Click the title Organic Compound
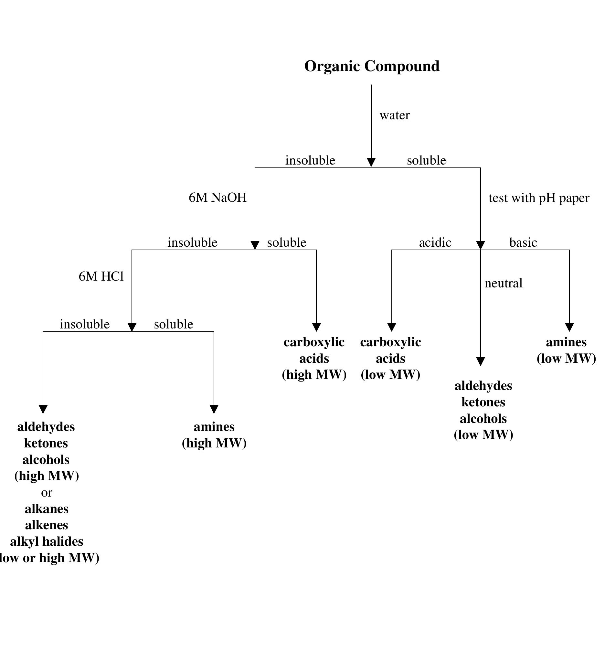click(x=372, y=66)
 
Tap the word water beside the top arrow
click(x=395, y=115)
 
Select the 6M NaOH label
click(x=218, y=198)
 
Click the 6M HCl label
click(x=101, y=276)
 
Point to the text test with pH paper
click(x=539, y=198)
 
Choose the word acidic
click(x=435, y=243)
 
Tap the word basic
click(x=523, y=243)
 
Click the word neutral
click(x=503, y=283)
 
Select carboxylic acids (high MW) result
click(x=314, y=358)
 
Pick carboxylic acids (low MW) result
click(x=390, y=358)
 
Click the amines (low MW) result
click(x=566, y=350)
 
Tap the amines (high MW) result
click(x=214, y=435)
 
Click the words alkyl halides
click(x=47, y=541)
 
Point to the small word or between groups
click(x=47, y=493)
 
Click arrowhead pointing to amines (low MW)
click(x=569, y=327)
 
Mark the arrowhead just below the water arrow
click(x=371, y=162)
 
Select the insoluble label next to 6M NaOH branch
click(x=310, y=160)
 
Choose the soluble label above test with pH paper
click(x=426, y=160)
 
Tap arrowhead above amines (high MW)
click(x=214, y=409)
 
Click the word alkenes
click(x=47, y=525)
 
